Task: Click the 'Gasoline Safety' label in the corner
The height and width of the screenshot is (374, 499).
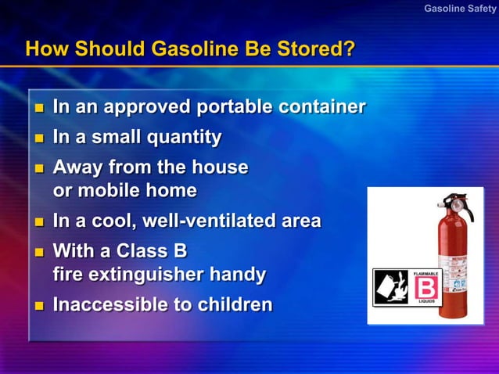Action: click(460, 9)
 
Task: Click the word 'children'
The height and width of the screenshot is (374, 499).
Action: click(232, 304)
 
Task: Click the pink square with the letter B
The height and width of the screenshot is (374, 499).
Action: click(427, 286)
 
